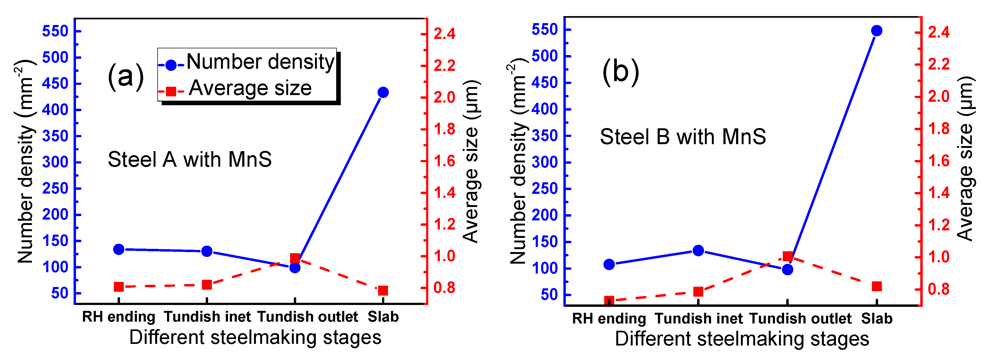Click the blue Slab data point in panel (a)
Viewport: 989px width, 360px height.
point(383,92)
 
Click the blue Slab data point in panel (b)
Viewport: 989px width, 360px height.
point(876,31)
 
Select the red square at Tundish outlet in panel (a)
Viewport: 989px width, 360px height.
point(295,258)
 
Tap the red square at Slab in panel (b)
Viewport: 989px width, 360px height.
point(876,286)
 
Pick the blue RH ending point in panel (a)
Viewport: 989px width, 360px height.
point(119,249)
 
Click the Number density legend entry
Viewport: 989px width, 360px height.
point(260,62)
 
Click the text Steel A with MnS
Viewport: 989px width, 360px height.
point(190,159)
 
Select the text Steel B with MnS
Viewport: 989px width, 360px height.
point(683,137)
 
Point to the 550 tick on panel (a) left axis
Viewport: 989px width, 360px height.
point(55,31)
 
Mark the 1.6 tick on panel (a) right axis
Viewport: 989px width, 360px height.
point(444,161)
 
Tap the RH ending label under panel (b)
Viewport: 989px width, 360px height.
point(609,319)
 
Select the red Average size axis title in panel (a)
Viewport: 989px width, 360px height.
point(471,161)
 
